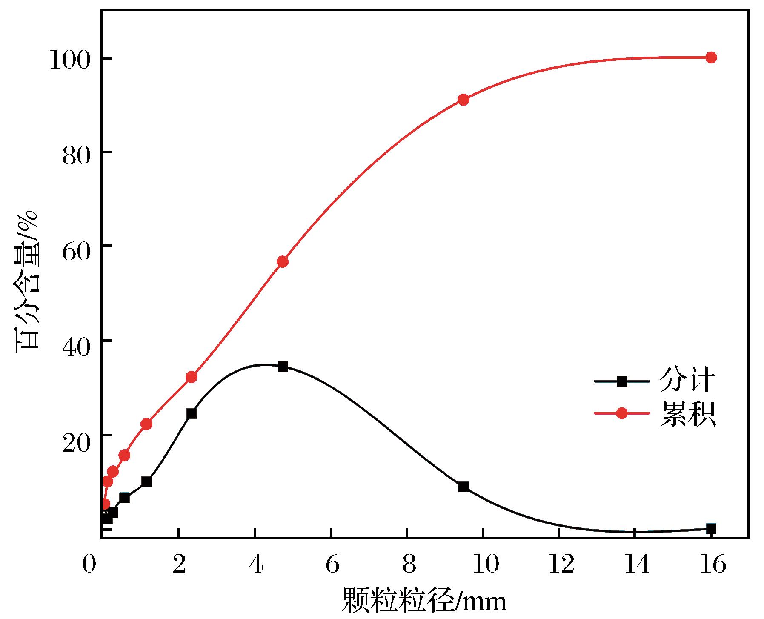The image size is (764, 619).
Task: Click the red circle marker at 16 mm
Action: tap(711, 57)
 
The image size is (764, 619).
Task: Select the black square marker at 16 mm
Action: tap(711, 529)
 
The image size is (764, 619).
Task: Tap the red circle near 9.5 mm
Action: tap(464, 100)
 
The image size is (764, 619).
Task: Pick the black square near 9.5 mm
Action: tap(464, 487)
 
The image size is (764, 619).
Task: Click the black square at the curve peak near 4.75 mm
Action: tap(283, 367)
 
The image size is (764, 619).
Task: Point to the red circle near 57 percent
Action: tap(283, 261)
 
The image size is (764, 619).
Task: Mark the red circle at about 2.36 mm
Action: tap(192, 377)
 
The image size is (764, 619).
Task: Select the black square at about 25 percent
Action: tap(192, 413)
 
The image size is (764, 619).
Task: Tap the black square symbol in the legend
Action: tap(622, 381)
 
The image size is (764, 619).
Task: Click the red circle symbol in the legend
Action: tap(622, 413)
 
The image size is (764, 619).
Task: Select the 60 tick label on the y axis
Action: tap(77, 247)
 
